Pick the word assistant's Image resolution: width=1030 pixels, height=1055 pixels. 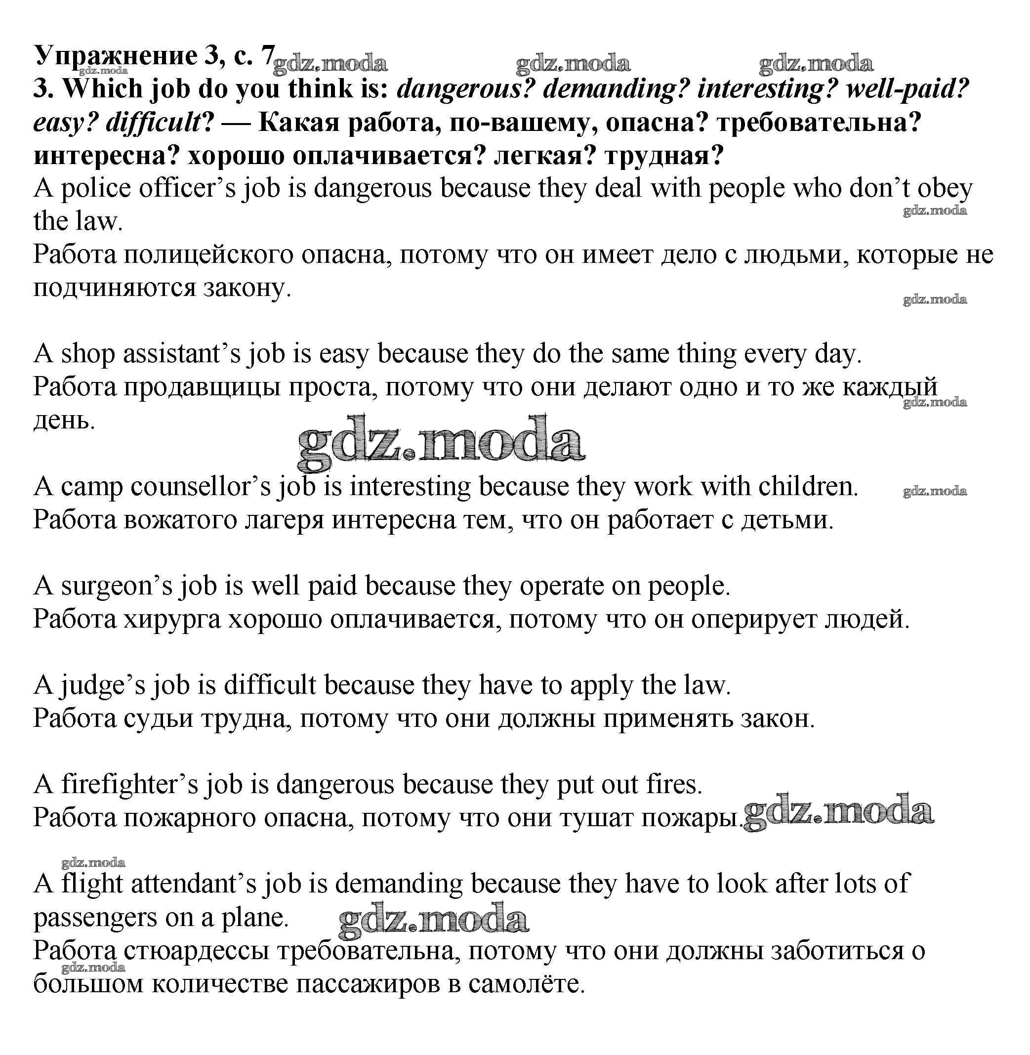(x=181, y=354)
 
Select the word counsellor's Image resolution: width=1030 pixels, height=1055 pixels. (x=201, y=487)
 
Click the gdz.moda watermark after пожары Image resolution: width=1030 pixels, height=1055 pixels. (x=838, y=812)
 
